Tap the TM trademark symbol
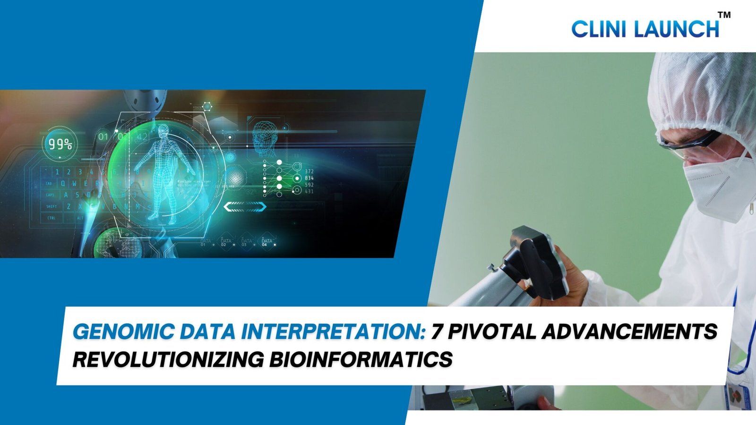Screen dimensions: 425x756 [x=724, y=15]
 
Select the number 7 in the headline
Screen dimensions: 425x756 [x=437, y=332]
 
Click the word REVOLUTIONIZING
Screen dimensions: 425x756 [x=168, y=360]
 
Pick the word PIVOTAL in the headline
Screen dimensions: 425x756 [x=491, y=332]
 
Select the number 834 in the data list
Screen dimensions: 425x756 [x=309, y=178]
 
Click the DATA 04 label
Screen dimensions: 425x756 [x=267, y=242]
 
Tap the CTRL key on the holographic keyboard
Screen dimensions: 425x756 [x=51, y=218]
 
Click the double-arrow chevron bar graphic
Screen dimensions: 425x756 [x=245, y=206]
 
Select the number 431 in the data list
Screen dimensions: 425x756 [x=309, y=192]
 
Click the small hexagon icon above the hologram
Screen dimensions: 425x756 [x=207, y=106]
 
